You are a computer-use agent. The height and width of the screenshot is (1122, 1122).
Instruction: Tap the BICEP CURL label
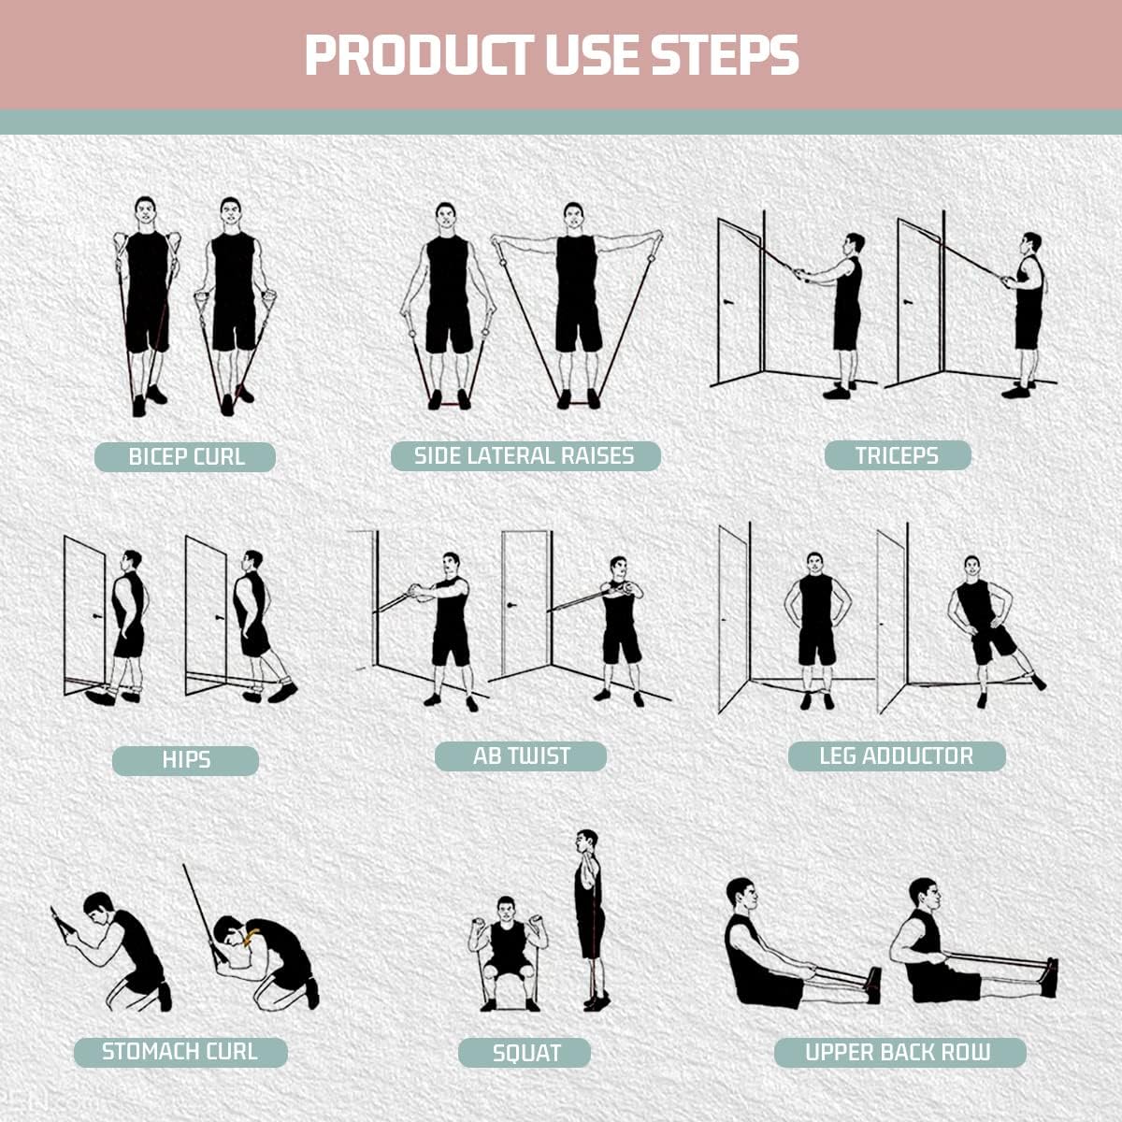(x=185, y=457)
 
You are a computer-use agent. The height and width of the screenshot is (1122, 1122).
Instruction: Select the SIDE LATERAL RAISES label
(x=525, y=455)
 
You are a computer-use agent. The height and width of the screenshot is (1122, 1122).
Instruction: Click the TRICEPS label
(x=897, y=455)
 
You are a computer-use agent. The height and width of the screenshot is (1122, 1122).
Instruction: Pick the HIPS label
(x=185, y=760)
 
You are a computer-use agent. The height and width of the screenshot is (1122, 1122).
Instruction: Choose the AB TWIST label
(x=521, y=755)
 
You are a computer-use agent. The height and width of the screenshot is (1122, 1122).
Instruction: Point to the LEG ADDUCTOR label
(x=896, y=755)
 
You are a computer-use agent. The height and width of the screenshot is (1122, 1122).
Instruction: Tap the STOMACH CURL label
(x=180, y=1052)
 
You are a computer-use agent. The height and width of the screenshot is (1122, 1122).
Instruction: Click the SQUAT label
(x=525, y=1053)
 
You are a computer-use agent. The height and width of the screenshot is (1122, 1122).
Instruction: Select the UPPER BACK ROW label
(x=899, y=1053)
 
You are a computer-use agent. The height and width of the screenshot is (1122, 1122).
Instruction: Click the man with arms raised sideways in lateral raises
(x=576, y=299)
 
